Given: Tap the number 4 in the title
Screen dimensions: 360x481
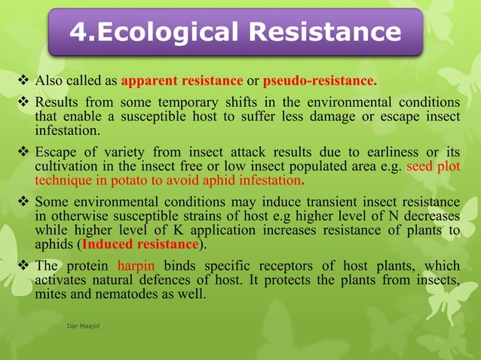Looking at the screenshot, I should click(79, 32).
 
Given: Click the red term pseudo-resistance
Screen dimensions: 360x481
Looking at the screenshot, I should click(319, 81).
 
